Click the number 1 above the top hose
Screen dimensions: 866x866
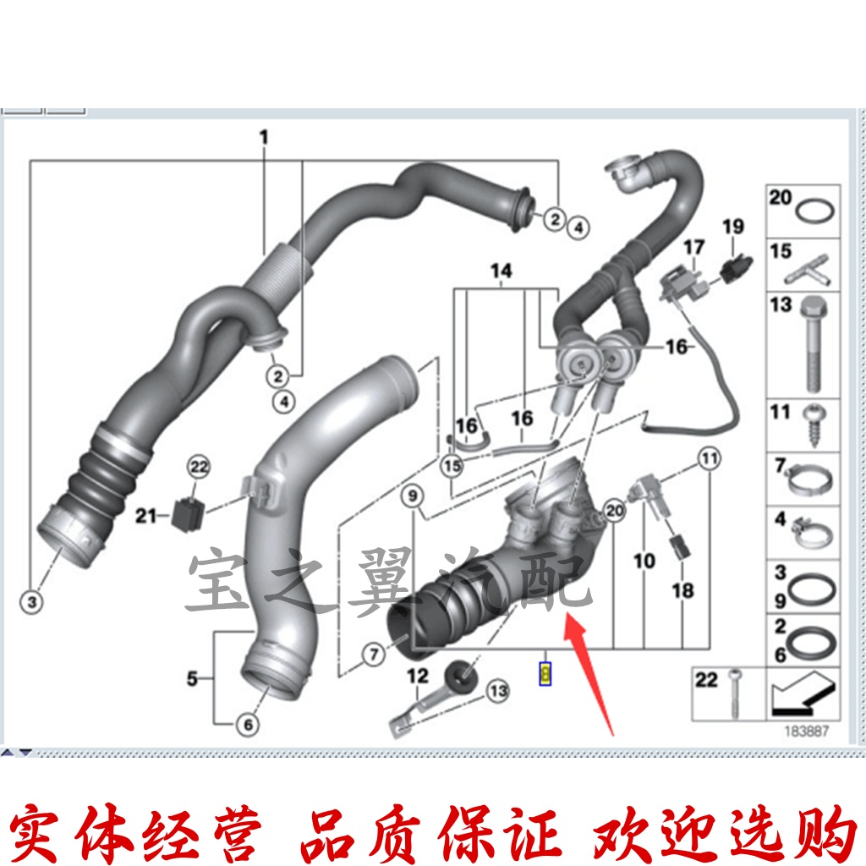pos(263,136)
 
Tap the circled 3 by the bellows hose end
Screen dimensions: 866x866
pos(31,602)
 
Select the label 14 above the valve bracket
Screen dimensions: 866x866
pos(502,271)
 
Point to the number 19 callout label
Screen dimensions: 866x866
pos(732,227)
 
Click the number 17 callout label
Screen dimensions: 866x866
pos(693,248)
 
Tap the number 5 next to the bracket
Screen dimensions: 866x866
pos(192,678)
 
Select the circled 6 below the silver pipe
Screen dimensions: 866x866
pos(248,725)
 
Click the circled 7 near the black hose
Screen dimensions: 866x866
pos(373,653)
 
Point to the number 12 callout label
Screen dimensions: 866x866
pos(418,676)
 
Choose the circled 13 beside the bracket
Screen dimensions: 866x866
pos(497,692)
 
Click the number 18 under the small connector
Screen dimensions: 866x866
pos(682,590)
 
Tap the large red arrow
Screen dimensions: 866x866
pos(591,669)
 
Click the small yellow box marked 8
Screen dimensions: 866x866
pos(545,673)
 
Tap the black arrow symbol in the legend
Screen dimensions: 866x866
pos(803,692)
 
